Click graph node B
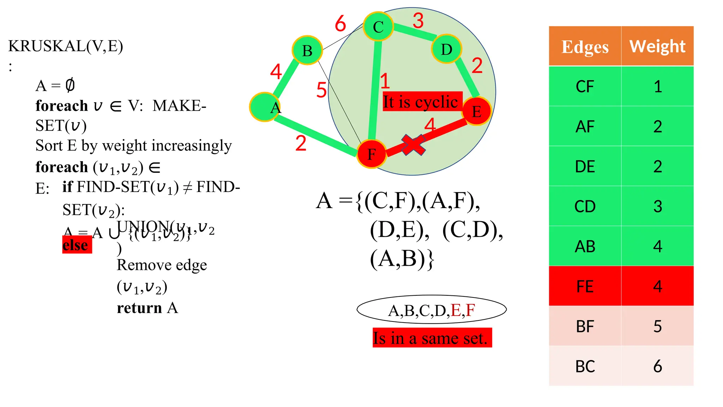pyautogui.click(x=307, y=50)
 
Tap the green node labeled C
pyautogui.click(x=378, y=26)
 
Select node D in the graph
pyautogui.click(x=446, y=49)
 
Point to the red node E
pyautogui.click(x=477, y=111)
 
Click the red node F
pyautogui.click(x=371, y=154)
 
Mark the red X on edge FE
pyautogui.click(x=413, y=145)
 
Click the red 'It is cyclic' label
pyautogui.click(x=422, y=102)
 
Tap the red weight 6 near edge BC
pyautogui.click(x=340, y=24)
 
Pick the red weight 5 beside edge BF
pyautogui.click(x=321, y=90)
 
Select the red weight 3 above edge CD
pyautogui.click(x=418, y=20)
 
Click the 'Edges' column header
pyautogui.click(x=585, y=46)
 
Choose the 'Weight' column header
pyautogui.click(x=657, y=46)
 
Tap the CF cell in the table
pyautogui.click(x=585, y=87)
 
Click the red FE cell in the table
pyautogui.click(x=585, y=286)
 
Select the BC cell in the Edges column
pyautogui.click(x=585, y=366)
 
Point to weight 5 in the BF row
pyautogui.click(x=657, y=326)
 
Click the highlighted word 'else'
pyautogui.click(x=77, y=245)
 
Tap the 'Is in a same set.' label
pyautogui.click(x=432, y=338)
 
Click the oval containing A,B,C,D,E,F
pyautogui.click(x=431, y=310)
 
